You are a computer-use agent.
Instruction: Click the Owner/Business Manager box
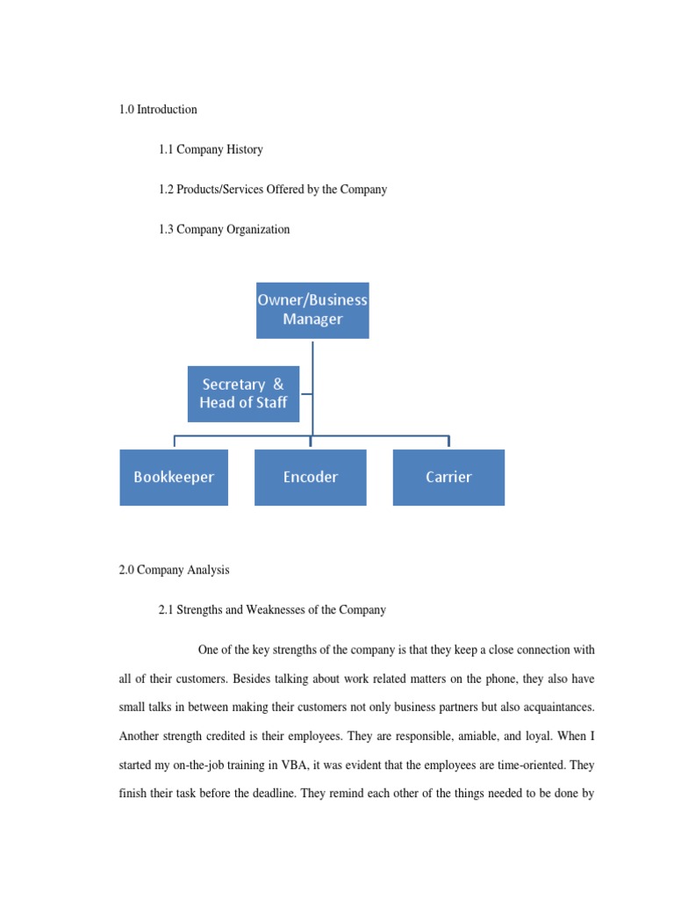[312, 310]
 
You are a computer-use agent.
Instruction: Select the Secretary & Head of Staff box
[243, 393]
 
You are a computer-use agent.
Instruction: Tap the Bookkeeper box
[174, 477]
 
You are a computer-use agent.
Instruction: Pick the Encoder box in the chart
[310, 477]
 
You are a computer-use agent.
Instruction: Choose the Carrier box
[448, 477]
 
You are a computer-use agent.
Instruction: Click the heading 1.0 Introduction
[158, 110]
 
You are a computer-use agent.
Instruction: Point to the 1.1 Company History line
[211, 149]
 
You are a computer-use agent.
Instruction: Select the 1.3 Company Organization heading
[224, 229]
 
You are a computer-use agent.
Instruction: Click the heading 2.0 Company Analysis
[174, 570]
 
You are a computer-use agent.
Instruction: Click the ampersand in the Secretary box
[278, 385]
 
